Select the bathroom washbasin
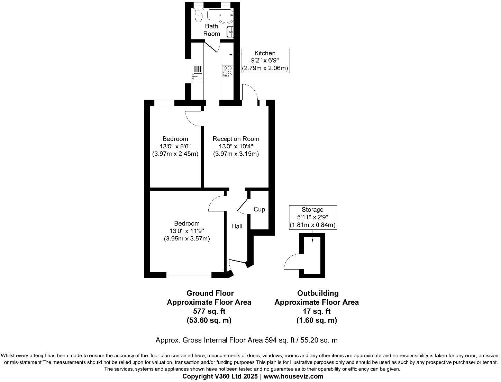coord(230,32)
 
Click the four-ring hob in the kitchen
coord(227,71)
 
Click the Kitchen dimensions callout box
coord(265,61)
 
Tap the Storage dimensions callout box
coord(312,217)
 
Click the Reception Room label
coord(236,139)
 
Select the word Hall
coord(237,226)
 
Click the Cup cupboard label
coord(259,209)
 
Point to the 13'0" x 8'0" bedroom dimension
coord(175,146)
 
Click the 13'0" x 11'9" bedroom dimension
coord(186,231)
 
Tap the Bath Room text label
coord(211,30)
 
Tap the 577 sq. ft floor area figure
coord(209,311)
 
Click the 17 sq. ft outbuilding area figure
coord(316,311)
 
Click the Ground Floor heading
coord(210,293)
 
